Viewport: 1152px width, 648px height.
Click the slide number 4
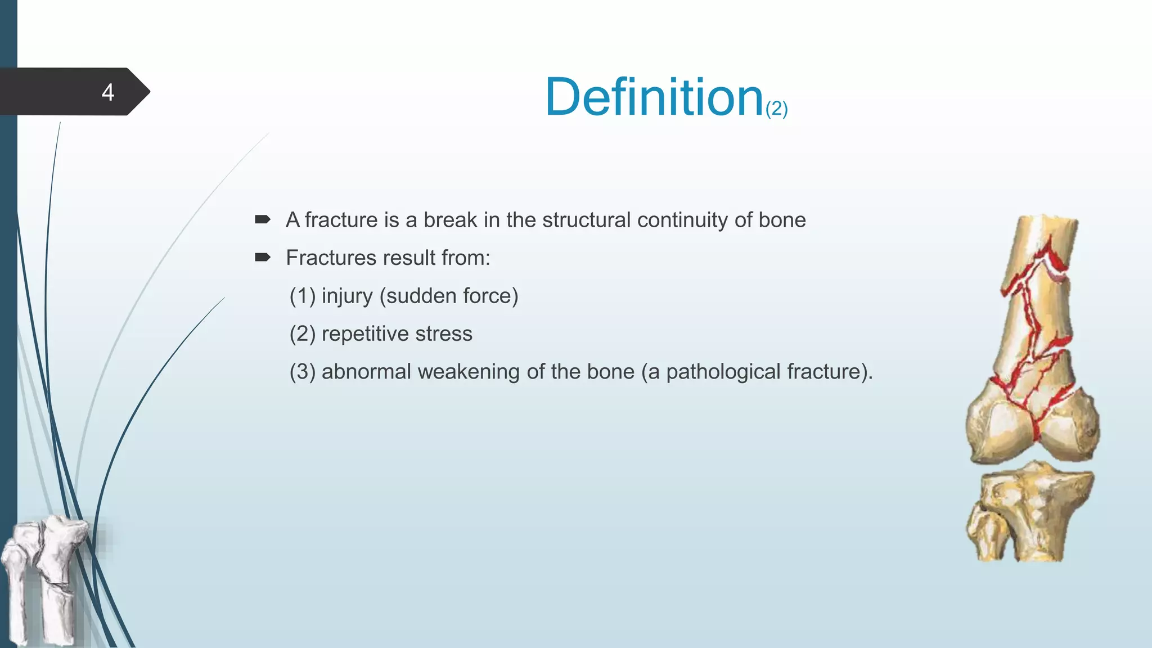(x=108, y=92)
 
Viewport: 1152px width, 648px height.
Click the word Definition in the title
(x=654, y=97)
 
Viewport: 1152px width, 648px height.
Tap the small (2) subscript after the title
(x=777, y=109)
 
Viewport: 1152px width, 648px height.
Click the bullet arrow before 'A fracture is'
(x=263, y=219)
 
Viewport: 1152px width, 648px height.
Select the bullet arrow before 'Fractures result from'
(x=263, y=258)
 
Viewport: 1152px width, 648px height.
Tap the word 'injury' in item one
(x=347, y=296)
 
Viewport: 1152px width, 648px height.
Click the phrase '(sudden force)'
(x=449, y=296)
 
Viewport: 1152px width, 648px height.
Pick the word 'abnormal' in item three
(x=366, y=372)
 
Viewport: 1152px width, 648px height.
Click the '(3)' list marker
(x=302, y=372)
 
